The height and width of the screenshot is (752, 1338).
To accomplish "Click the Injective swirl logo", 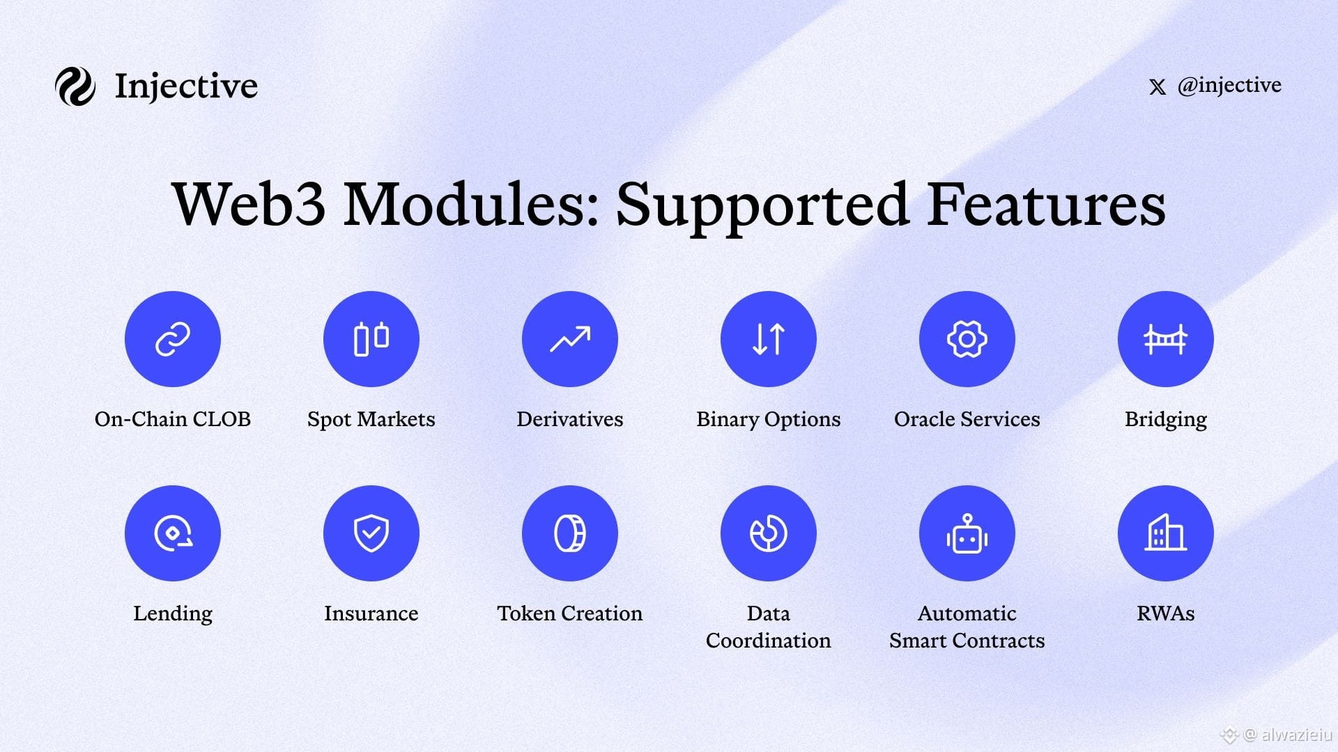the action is pos(75,86).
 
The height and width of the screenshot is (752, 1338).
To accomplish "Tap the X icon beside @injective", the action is pos(1157,87).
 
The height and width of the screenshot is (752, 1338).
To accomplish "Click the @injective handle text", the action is pos(1229,85).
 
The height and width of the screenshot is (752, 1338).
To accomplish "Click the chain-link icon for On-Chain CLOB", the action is pos(173,339).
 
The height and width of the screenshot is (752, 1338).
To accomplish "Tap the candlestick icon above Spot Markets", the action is pos(371,339).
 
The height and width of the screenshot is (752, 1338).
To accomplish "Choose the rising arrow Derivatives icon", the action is pos(570,339).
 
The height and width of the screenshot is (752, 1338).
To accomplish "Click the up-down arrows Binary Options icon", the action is pos(769,339).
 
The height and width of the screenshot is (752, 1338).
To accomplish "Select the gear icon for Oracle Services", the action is pos(967,339).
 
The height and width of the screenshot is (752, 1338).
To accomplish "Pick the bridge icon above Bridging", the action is pos(1166,339).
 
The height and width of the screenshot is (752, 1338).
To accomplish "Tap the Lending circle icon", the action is pos(173,533).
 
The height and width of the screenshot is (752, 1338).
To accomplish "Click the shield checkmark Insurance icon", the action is pos(371,533).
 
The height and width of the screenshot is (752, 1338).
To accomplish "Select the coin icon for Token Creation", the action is pos(570,533).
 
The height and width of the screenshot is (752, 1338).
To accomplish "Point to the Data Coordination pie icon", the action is pos(769,533).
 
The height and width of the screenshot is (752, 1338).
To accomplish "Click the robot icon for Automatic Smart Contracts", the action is pos(967,533).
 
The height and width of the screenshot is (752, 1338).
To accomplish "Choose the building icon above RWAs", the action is pos(1166,533).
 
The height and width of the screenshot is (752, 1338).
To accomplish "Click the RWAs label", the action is pos(1166,613).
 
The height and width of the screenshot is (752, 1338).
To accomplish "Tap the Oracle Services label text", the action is pos(967,419).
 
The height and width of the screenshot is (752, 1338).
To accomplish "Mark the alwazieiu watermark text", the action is pos(1296,735).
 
